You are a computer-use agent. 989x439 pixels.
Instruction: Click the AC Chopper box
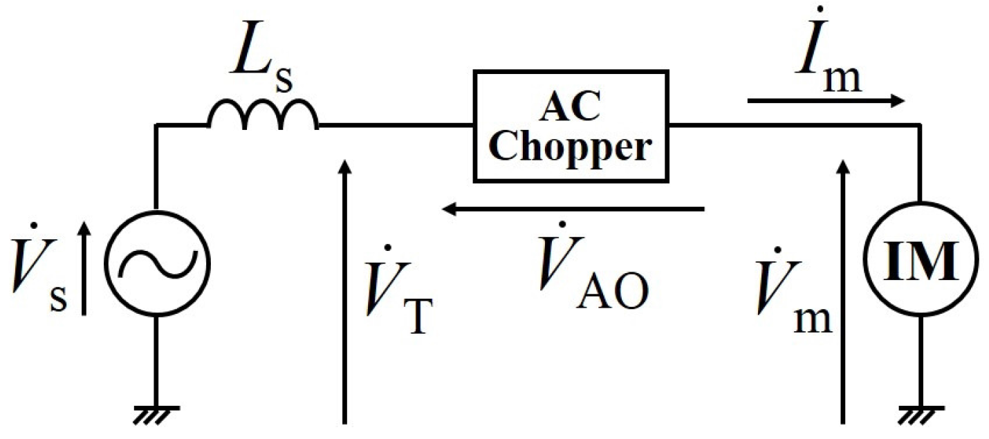(571, 126)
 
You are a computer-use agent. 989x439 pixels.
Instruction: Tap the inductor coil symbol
(263, 118)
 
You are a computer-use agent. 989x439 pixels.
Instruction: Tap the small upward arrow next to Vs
(84, 270)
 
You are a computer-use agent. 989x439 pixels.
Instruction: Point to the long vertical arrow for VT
(344, 290)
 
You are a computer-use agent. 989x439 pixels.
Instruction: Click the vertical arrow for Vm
(842, 290)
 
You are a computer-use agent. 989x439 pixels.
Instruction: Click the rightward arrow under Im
(826, 102)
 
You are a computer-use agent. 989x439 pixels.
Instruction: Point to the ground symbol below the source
(156, 411)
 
